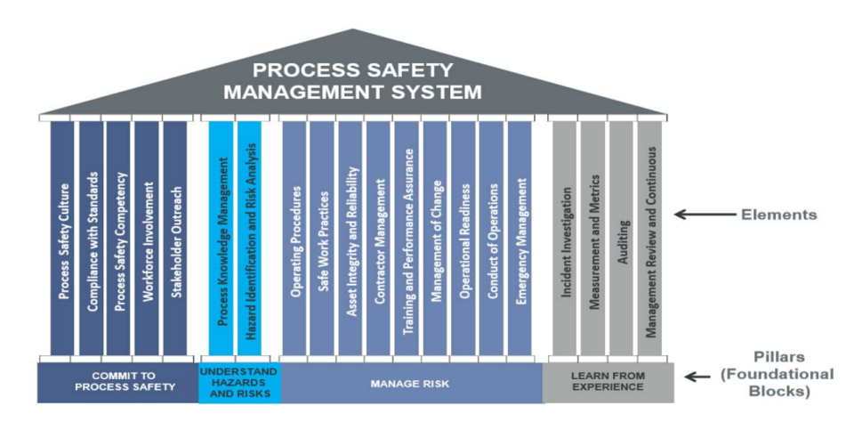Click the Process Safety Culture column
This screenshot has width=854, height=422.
coord(62,239)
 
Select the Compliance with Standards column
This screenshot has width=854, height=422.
coord(91,239)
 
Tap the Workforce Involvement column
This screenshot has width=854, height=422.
coord(147,239)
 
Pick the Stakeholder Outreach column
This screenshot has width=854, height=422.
coord(175,239)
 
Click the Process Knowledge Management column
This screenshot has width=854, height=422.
coord(221,239)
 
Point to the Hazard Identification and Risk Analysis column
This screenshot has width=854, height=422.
coord(249,239)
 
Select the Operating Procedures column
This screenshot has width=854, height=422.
coord(294,239)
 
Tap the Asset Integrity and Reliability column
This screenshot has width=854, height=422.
coord(350,239)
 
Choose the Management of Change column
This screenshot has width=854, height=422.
coord(435,239)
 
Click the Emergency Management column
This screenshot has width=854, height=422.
coord(520,239)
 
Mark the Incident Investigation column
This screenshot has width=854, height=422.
coord(565,239)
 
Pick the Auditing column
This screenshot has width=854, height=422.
coord(622,239)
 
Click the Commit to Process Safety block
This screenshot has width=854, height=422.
coord(117,383)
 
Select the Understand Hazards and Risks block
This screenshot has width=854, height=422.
coord(239,383)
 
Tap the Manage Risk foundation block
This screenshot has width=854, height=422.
coord(412,383)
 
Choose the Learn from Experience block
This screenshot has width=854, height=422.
coord(608,383)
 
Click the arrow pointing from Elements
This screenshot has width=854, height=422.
coord(705,215)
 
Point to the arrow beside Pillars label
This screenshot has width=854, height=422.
coord(697,377)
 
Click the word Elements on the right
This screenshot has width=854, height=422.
coord(779,215)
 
